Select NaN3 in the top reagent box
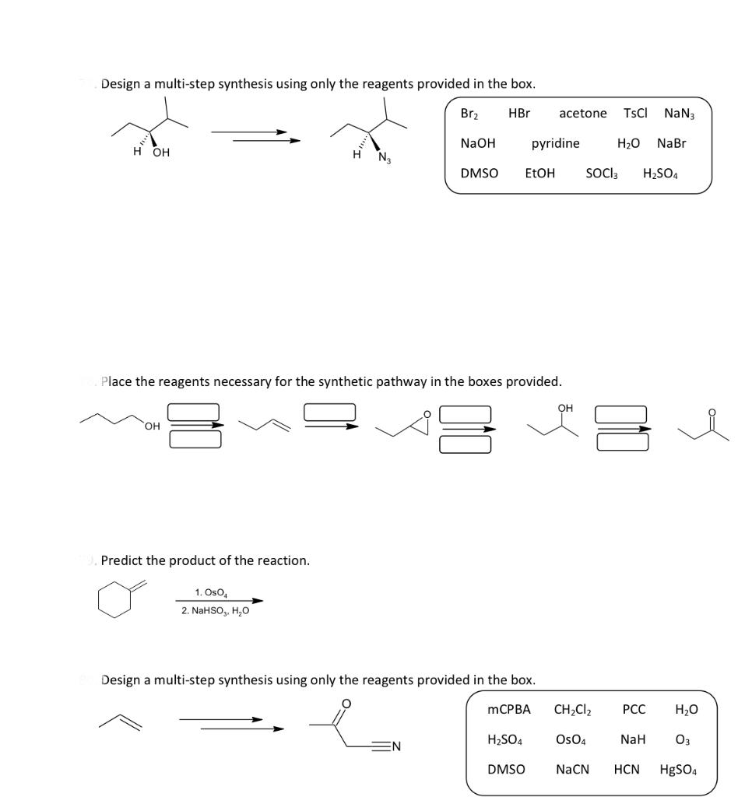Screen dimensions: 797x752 click(x=680, y=113)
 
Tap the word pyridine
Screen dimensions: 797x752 click(x=555, y=143)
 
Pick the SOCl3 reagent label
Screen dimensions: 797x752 click(x=602, y=174)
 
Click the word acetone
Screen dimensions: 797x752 click(x=582, y=113)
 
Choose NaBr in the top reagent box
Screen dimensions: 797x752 click(x=672, y=143)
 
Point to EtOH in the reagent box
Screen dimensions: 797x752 click(x=540, y=174)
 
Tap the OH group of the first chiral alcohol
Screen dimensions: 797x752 click(x=160, y=153)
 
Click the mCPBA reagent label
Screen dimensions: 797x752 click(x=508, y=709)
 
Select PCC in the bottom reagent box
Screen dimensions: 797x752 click(x=633, y=709)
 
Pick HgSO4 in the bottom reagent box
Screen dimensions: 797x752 click(x=679, y=769)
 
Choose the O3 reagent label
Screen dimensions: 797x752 click(x=683, y=739)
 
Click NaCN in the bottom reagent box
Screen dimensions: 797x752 click(x=572, y=769)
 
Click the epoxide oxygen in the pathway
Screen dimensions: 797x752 click(x=426, y=413)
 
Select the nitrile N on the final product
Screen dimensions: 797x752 click(x=395, y=748)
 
